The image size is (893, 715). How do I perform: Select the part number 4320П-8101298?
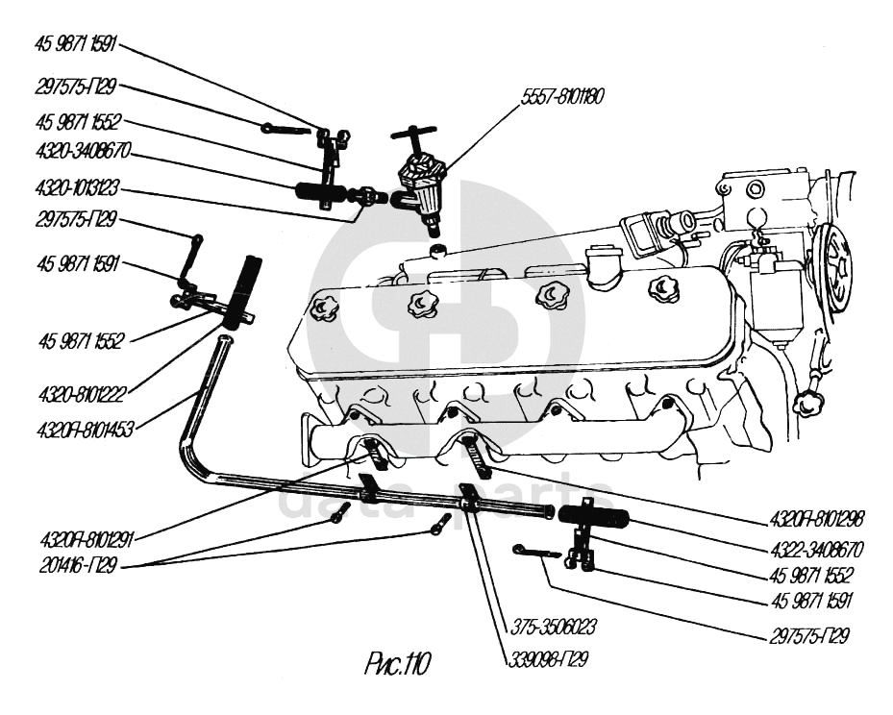(816, 519)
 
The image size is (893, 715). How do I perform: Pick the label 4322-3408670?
(816, 551)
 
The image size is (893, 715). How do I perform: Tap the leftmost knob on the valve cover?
(323, 308)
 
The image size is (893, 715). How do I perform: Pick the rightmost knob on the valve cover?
(663, 286)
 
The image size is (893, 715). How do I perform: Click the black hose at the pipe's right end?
(593, 517)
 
